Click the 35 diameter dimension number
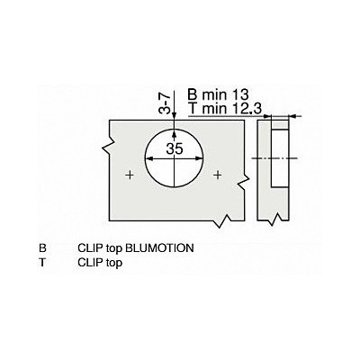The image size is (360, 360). click(x=175, y=148)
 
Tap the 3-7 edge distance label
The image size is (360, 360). click(x=165, y=103)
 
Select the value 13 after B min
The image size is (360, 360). click(x=240, y=95)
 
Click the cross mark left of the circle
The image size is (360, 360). click(x=130, y=175)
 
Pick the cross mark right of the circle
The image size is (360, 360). click(x=219, y=175)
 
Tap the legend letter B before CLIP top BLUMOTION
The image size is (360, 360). click(x=43, y=248)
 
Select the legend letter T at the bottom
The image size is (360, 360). click(x=42, y=263)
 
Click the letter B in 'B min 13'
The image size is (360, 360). click(x=193, y=95)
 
